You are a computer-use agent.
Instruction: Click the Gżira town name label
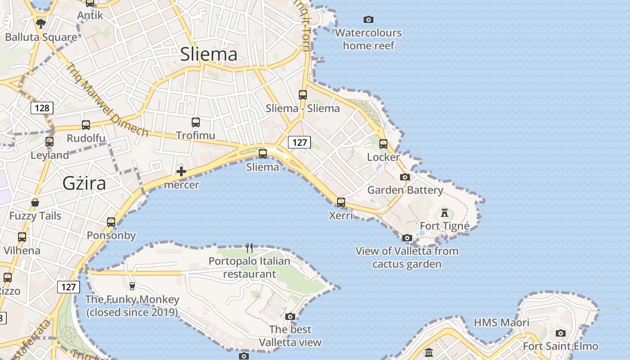click(x=85, y=184)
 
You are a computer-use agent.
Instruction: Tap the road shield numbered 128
click(x=42, y=108)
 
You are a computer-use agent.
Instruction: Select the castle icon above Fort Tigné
click(x=445, y=212)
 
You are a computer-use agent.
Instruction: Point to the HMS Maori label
click(x=501, y=323)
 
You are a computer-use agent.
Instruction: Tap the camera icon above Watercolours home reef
click(x=369, y=19)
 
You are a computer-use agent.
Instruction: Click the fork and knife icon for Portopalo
click(x=249, y=247)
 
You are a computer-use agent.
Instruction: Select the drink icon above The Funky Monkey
click(x=132, y=286)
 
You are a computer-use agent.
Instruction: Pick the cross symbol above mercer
click(x=181, y=171)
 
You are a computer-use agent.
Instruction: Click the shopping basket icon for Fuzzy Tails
click(x=35, y=203)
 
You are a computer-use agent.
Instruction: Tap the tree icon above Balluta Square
click(x=41, y=23)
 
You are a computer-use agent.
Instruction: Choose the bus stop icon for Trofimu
click(x=196, y=122)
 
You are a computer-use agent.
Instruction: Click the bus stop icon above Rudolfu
click(x=85, y=125)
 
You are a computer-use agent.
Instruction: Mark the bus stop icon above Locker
click(x=383, y=144)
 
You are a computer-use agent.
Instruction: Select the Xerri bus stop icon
click(x=341, y=202)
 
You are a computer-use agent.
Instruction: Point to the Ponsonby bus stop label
click(x=111, y=235)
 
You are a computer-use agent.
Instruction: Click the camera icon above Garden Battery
click(x=405, y=177)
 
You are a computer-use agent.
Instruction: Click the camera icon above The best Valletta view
click(x=290, y=316)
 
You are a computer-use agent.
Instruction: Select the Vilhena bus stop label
click(x=22, y=250)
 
